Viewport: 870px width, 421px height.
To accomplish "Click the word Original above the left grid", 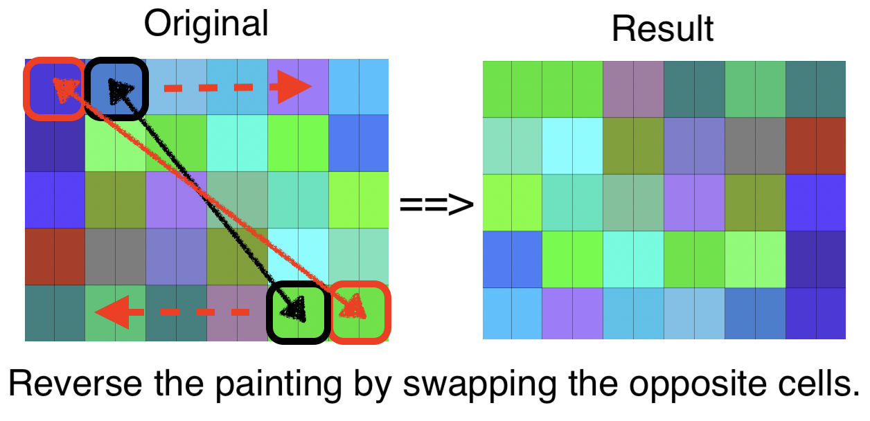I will (x=206, y=24).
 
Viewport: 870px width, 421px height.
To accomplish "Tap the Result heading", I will (x=662, y=29).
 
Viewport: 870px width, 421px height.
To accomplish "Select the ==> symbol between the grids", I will (x=436, y=204).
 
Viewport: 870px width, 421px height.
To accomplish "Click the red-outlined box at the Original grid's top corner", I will (x=54, y=88).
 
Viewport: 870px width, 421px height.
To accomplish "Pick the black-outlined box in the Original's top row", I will (x=116, y=88).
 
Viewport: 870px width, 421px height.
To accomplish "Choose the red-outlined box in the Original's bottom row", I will (x=359, y=312).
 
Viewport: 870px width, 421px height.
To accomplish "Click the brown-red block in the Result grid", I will (x=815, y=145).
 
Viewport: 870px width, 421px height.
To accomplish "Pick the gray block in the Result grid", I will (x=754, y=145).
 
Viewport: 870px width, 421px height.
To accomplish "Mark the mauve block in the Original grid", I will (x=237, y=313).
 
